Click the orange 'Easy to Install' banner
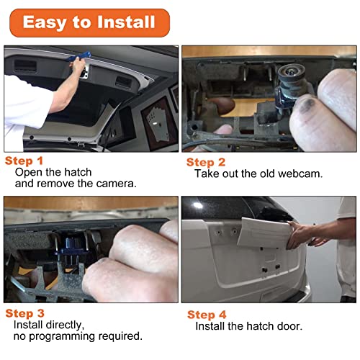pyautogui.click(x=89, y=23)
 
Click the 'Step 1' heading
pyautogui.click(x=24, y=161)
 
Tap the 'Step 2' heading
pyautogui.click(x=206, y=162)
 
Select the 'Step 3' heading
pyautogui.click(x=24, y=313)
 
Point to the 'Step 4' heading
pyautogui.click(x=207, y=315)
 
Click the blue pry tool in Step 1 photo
pyautogui.click(x=78, y=57)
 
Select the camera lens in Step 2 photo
pyautogui.click(x=291, y=72)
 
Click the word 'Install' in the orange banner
pyautogui.click(x=126, y=22)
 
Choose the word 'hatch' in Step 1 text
pyautogui.click(x=78, y=172)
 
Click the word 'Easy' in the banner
pyautogui.click(x=45, y=23)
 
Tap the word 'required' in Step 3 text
pyautogui.click(x=120, y=336)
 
